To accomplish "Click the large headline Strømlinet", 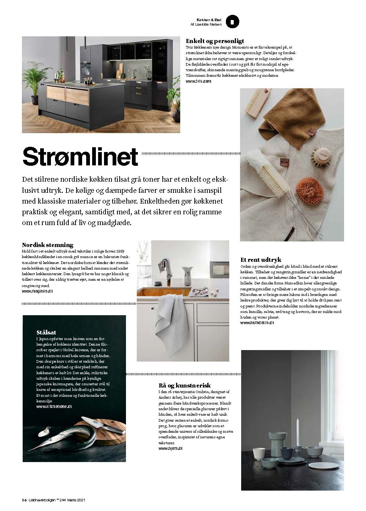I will pos(80,157).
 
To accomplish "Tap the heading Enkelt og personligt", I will pos(214,41).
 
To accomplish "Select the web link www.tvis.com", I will pos(198,81).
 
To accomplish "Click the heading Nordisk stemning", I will pos(48,245).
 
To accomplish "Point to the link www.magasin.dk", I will pos(38,291).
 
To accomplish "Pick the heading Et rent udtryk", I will pos(261,260).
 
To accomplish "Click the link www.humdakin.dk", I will pos(257,323).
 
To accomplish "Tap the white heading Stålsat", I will pos(46,332).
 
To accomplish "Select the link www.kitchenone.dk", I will pos(54,407).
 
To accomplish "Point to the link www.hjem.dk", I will pos(171,448).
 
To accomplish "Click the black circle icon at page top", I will pos(232,22).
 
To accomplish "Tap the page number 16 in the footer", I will pos(24,500).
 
